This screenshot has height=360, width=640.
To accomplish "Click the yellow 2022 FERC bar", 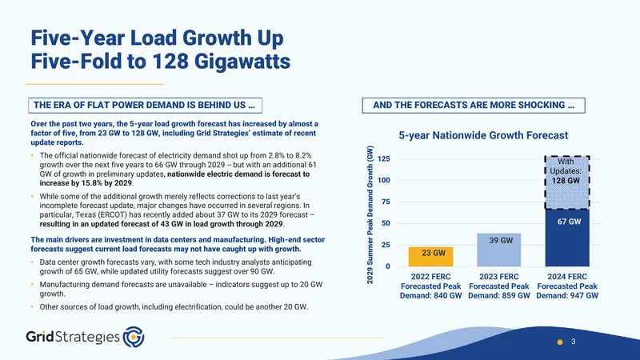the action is click(x=430, y=257).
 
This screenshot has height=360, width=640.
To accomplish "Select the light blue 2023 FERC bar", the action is click(x=498, y=250).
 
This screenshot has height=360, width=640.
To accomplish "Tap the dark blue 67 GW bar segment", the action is click(x=567, y=238).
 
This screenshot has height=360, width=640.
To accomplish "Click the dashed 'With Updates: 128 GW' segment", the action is click(x=567, y=182).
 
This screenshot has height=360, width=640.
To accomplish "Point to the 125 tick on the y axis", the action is click(x=384, y=158).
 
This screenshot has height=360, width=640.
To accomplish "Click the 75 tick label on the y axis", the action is click(x=386, y=202).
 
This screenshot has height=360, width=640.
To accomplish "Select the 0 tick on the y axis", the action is click(x=388, y=266).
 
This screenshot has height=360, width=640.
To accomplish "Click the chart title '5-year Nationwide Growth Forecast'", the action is click(x=483, y=135).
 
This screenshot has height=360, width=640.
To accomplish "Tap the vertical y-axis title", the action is click(x=370, y=214).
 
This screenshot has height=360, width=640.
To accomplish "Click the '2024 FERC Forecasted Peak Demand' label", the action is click(x=567, y=286).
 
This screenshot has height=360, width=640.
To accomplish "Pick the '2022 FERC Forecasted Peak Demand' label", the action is click(x=430, y=286).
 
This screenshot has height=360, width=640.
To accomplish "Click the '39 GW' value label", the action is click(x=501, y=241).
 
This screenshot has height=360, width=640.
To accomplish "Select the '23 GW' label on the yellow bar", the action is click(x=434, y=253).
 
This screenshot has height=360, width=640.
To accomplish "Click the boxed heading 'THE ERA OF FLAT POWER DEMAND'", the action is click(x=146, y=106).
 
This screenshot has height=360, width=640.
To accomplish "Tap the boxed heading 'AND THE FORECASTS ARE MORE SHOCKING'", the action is click(x=474, y=106).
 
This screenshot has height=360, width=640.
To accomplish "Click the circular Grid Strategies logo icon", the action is click(x=134, y=337).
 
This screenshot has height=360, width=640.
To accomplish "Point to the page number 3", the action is click(x=574, y=342).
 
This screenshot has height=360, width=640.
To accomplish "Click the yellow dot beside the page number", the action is click(x=560, y=342).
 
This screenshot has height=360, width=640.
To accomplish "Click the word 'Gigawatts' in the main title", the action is click(x=242, y=62).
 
